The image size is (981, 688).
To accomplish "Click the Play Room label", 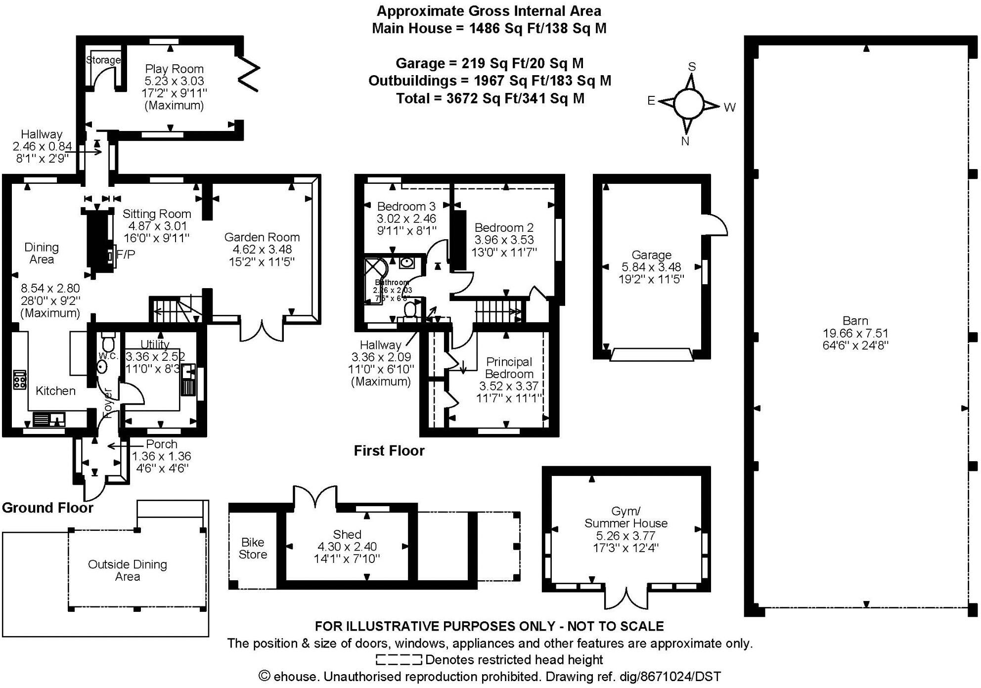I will coord(174,69).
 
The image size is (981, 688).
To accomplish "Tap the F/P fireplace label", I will coord(125,254).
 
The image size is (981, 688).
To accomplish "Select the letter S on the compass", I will coord(692,67).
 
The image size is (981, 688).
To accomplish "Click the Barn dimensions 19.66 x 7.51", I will coord(855,333).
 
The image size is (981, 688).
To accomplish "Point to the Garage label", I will coord(651,255).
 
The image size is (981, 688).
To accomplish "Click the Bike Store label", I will coord(253,548).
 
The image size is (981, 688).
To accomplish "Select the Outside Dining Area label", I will coord(127,570).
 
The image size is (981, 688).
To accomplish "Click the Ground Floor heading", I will coord(47,508).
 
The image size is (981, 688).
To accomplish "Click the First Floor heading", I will coord(389,451).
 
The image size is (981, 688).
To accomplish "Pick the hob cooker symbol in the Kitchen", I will coord(19,380).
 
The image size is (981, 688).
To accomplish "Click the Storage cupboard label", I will coord(103,60).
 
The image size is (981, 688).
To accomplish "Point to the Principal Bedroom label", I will coord(509,368).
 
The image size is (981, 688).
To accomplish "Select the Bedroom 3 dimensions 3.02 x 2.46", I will coord(406,218).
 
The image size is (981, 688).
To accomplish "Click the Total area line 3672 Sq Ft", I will coord(490,98).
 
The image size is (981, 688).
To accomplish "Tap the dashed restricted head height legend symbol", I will coord(399,659).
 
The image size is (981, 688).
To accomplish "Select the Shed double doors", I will coord(315,496).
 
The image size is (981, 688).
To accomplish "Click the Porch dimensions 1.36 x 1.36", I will coord(162,456).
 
